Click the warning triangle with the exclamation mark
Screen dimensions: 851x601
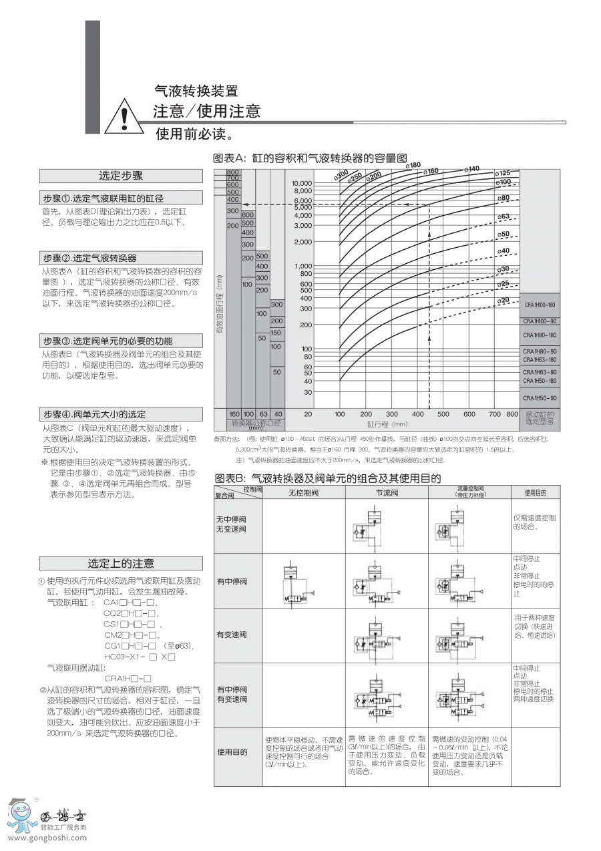tap(125, 117)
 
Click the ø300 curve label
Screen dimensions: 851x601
tap(341, 176)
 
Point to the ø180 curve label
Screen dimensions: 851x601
tap(413, 165)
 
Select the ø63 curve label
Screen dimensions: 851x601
tap(504, 217)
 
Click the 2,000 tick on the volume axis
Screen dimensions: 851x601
tap(303, 242)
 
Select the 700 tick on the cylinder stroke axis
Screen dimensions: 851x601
tap(495, 414)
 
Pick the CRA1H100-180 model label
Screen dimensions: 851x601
tap(540, 305)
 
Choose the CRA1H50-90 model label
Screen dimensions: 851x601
tap(540, 398)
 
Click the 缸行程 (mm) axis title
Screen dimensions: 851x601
tap(387, 423)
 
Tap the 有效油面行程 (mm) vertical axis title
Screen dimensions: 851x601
tap(219, 304)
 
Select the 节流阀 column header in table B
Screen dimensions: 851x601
tap(386, 493)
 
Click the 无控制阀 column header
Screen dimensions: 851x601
tap(303, 493)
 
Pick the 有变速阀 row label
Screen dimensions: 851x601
tap(231, 635)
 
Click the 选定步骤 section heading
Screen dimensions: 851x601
tap(121, 176)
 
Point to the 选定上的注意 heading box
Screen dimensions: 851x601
tap(121, 563)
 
